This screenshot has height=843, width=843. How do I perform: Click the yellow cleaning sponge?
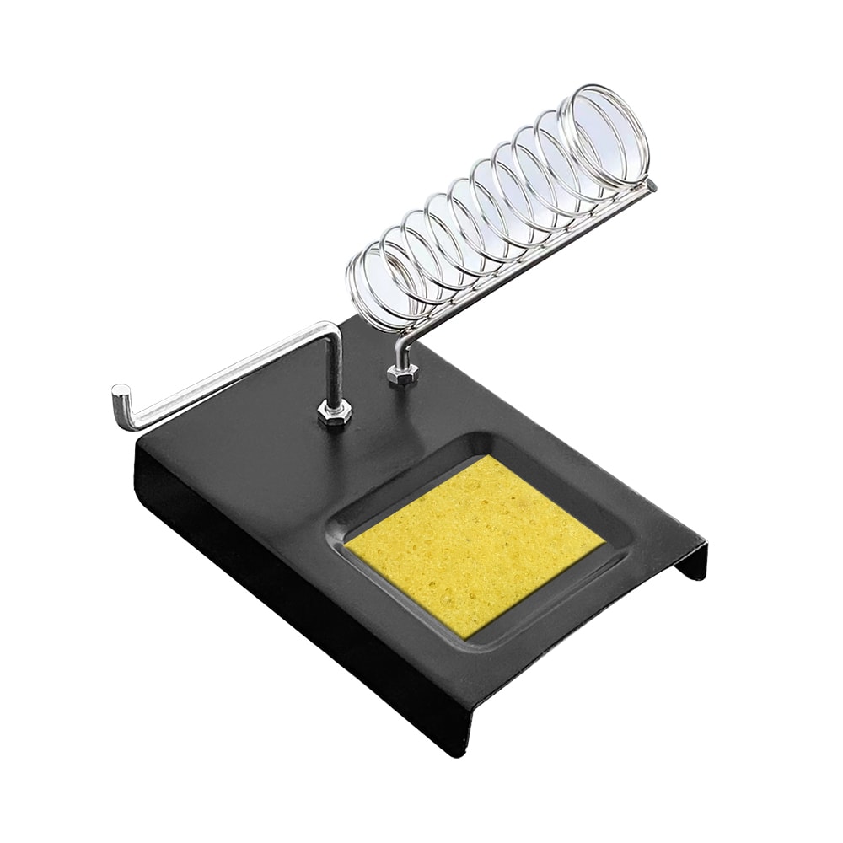pos(476,544)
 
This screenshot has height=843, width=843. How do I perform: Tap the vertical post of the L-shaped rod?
pos(335,371)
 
